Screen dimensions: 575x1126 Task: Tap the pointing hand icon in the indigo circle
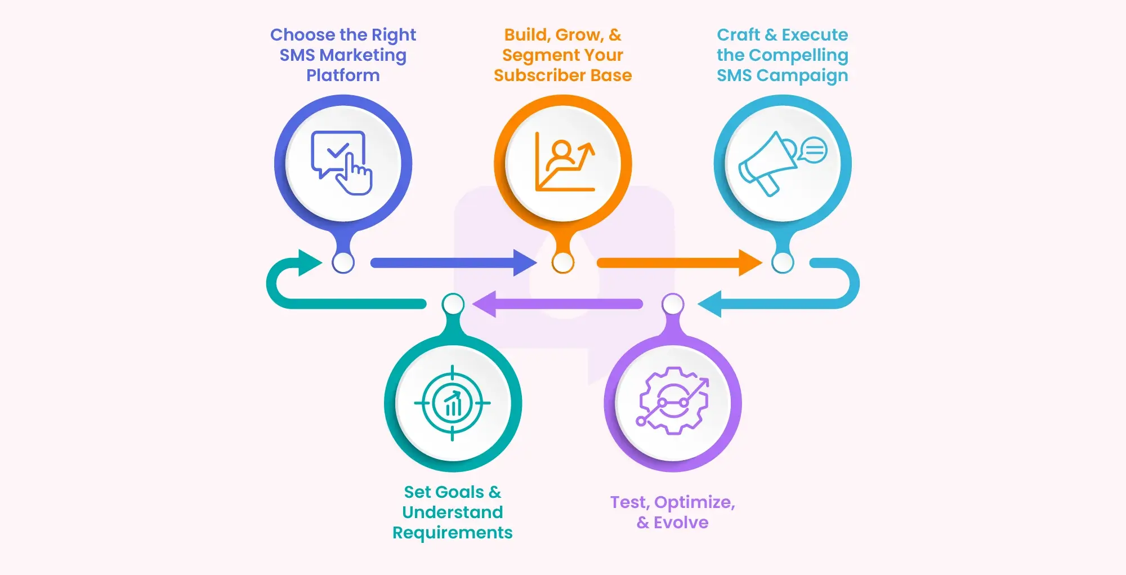355,175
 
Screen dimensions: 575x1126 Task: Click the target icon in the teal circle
453,403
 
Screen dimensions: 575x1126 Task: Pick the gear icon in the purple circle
673,401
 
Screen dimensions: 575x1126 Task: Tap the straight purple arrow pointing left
557,304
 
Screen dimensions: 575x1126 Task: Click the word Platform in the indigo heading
343,75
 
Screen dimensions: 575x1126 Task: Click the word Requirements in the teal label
452,533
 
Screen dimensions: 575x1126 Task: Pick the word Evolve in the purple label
681,523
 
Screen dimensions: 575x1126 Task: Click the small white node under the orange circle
563,262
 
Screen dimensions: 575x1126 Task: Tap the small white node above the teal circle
453,304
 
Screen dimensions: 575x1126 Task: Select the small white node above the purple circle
673,304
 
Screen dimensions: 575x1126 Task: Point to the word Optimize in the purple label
694,502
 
